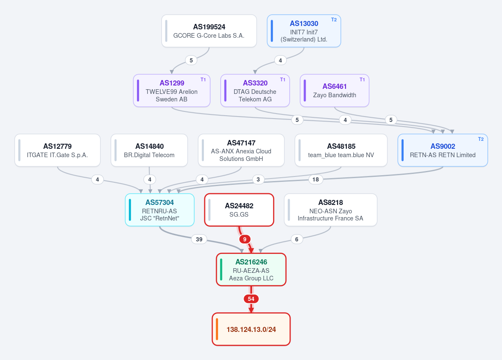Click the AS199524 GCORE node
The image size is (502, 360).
209,31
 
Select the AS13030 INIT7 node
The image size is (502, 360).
304,31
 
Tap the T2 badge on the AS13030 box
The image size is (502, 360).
334,20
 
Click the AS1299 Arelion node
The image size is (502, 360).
172,91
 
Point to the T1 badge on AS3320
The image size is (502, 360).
282,80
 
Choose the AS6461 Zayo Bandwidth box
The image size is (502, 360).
335,91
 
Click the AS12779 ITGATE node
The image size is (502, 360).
58,150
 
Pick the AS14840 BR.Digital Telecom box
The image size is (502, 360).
149,150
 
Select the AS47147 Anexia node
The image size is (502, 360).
241,150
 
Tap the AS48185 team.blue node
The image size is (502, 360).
341,150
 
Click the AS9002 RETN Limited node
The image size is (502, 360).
443,150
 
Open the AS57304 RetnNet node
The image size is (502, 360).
160,210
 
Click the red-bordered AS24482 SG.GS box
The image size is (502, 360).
239,210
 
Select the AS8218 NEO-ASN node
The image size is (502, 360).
330,210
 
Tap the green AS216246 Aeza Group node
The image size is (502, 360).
251,269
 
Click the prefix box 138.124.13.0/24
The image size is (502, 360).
251,329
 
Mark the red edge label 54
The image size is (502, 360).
251,299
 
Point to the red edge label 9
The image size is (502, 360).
245,239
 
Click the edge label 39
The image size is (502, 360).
199,239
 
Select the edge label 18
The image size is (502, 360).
316,179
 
